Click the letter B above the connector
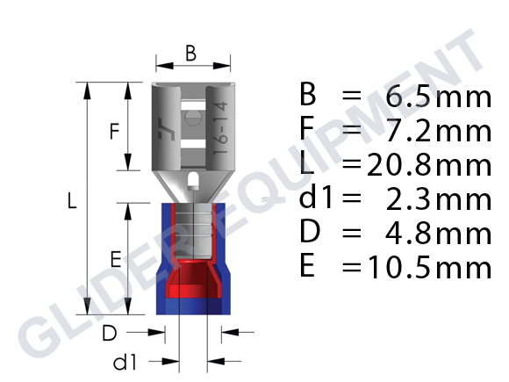(191, 54)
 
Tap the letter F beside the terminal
(114, 131)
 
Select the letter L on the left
(72, 200)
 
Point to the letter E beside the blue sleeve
(116, 259)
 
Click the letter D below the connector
(110, 333)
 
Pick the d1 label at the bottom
(125, 362)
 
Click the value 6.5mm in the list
(439, 97)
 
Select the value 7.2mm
(439, 131)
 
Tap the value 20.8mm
(429, 165)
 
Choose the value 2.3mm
(439, 199)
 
